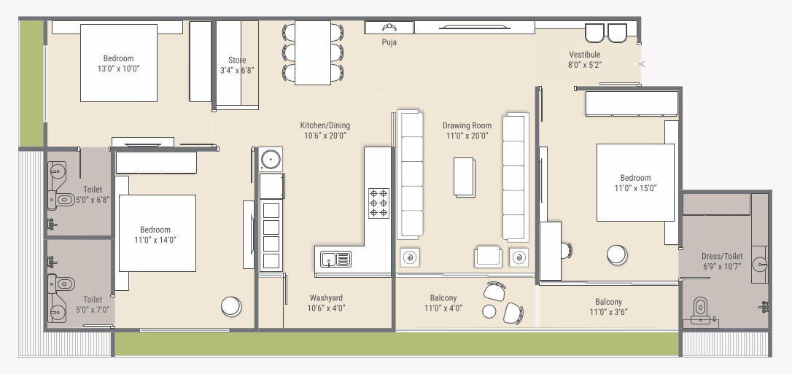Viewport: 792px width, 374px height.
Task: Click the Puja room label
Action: point(389,42)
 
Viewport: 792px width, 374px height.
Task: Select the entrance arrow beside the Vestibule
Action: point(641,64)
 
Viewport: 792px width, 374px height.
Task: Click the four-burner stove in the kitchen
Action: point(378,203)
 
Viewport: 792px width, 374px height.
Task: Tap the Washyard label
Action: point(326,298)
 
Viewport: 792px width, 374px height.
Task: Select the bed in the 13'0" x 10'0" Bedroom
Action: point(118,63)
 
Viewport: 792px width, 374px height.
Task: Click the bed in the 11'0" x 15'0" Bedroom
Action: point(635,182)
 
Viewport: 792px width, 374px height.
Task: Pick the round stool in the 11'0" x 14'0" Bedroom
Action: point(232,306)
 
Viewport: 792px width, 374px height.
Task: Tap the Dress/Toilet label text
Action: point(722,257)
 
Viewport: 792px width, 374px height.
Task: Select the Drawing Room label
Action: point(467,125)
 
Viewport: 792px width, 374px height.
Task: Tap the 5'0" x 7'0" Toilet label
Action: point(93,300)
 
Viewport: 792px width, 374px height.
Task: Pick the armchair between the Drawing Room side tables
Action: point(488,257)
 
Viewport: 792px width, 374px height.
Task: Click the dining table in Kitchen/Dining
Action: point(313,52)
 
